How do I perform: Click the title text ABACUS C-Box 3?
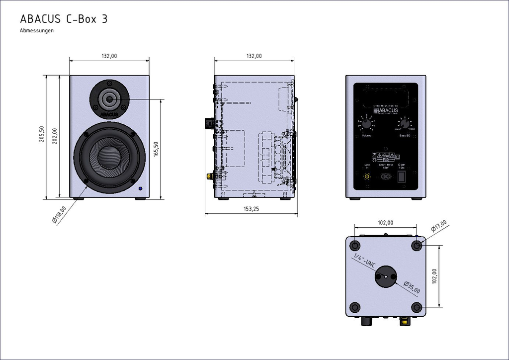coord(64,19)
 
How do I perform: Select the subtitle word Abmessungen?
coord(37,31)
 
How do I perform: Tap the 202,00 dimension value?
coord(54,136)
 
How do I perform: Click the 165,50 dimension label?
coord(156,150)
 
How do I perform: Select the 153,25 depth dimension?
coord(251,209)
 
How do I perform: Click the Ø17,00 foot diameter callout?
coord(439,227)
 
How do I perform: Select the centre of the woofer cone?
coord(109,158)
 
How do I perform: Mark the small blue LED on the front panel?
coord(141,189)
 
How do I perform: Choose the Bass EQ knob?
coord(405,124)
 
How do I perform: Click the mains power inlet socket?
coord(385,176)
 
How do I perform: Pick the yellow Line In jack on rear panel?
coord(367,176)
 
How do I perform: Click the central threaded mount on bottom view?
coord(385,276)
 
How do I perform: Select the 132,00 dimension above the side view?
coord(254,56)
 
